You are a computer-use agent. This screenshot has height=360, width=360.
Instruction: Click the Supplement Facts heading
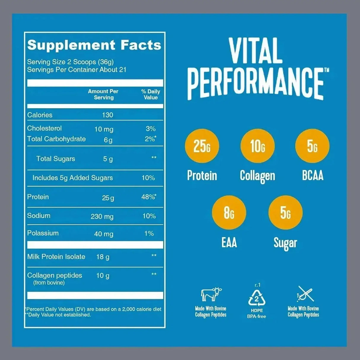point(94,45)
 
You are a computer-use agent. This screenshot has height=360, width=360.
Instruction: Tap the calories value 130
point(107,115)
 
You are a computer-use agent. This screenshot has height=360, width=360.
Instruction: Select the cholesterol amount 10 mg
point(104,129)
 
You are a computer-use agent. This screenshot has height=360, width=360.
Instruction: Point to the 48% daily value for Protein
point(149,197)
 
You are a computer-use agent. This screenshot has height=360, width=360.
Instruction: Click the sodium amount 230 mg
point(102,217)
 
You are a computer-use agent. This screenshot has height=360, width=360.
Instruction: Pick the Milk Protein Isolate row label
point(56,257)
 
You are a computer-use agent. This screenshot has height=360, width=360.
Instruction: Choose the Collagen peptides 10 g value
point(103,276)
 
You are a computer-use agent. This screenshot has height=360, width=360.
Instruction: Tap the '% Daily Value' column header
point(151,95)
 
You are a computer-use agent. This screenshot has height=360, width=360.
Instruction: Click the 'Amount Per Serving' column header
point(103,95)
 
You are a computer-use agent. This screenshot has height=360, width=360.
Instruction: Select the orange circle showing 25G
point(202,146)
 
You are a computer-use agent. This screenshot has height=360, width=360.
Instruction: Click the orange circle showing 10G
point(257,146)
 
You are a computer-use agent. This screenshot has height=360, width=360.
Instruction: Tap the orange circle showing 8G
point(229,213)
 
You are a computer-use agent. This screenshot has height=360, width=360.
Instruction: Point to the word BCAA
point(313,176)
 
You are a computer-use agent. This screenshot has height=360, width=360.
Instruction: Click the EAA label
point(229,243)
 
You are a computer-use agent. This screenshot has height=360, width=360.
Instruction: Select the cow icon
point(211,294)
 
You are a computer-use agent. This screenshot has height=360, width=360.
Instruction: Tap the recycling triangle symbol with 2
point(257,298)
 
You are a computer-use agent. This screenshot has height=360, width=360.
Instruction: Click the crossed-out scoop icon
point(305,294)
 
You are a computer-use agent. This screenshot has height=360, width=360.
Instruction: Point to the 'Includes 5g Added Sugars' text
point(73,178)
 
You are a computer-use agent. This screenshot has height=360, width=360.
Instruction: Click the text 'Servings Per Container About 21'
point(77,70)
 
